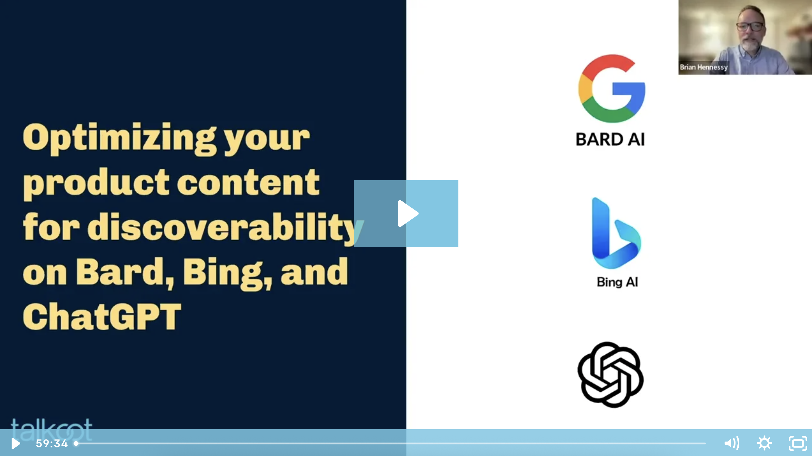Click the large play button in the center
pyautogui.click(x=406, y=214)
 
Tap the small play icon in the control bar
pyautogui.click(x=15, y=443)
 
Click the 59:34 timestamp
pyautogui.click(x=52, y=443)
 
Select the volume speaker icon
pyautogui.click(x=732, y=443)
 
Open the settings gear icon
pyautogui.click(x=764, y=443)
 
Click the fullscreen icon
pyautogui.click(x=798, y=443)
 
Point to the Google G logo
pyautogui.click(x=611, y=88)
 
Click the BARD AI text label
pyautogui.click(x=610, y=140)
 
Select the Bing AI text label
pyautogui.click(x=617, y=282)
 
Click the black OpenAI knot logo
pyautogui.click(x=610, y=375)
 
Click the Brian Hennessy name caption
pyautogui.click(x=704, y=67)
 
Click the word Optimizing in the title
pyautogui.click(x=119, y=138)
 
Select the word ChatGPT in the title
pyautogui.click(x=102, y=317)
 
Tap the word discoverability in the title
pyautogui.click(x=222, y=227)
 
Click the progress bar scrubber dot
pyautogui.click(x=76, y=443)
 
